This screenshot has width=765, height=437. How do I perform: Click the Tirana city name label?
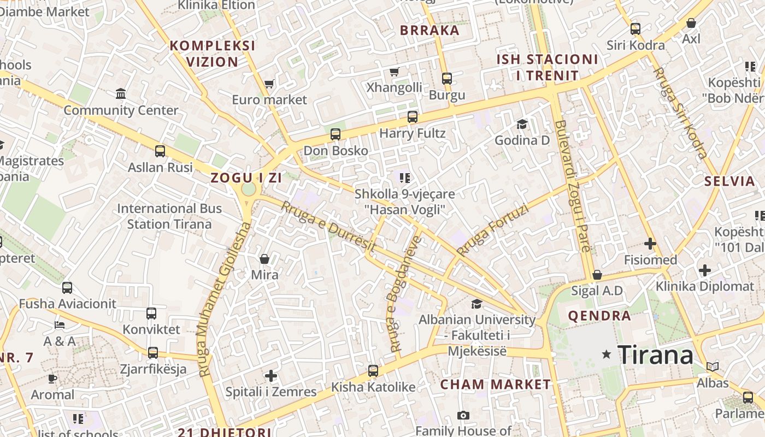pos(655,355)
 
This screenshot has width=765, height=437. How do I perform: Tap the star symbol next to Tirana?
pos(606,355)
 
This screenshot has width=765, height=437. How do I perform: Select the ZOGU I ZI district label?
pos(246,178)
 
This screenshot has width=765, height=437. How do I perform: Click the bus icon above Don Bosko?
pos(336,134)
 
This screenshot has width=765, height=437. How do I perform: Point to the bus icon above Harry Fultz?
pos(413,116)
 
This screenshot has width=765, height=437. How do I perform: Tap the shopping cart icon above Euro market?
pos(269,84)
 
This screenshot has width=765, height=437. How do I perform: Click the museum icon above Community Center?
pos(121,93)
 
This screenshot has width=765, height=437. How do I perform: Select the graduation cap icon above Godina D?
pos(522,124)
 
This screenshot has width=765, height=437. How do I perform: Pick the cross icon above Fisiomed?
pos(650,244)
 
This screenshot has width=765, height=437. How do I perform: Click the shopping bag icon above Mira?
pos(264,258)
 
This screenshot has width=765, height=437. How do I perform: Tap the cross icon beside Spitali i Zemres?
pos(271,375)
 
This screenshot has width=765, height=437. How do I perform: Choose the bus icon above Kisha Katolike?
pos(373,370)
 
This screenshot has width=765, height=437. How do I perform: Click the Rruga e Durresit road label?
pos(328,227)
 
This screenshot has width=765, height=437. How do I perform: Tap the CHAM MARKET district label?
pos(496,384)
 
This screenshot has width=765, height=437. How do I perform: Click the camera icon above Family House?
pos(463,415)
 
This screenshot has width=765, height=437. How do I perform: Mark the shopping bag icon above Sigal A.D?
pos(597,275)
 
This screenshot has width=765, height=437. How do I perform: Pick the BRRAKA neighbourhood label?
pos(429,31)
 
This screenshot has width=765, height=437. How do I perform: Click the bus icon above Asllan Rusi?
pos(160,151)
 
